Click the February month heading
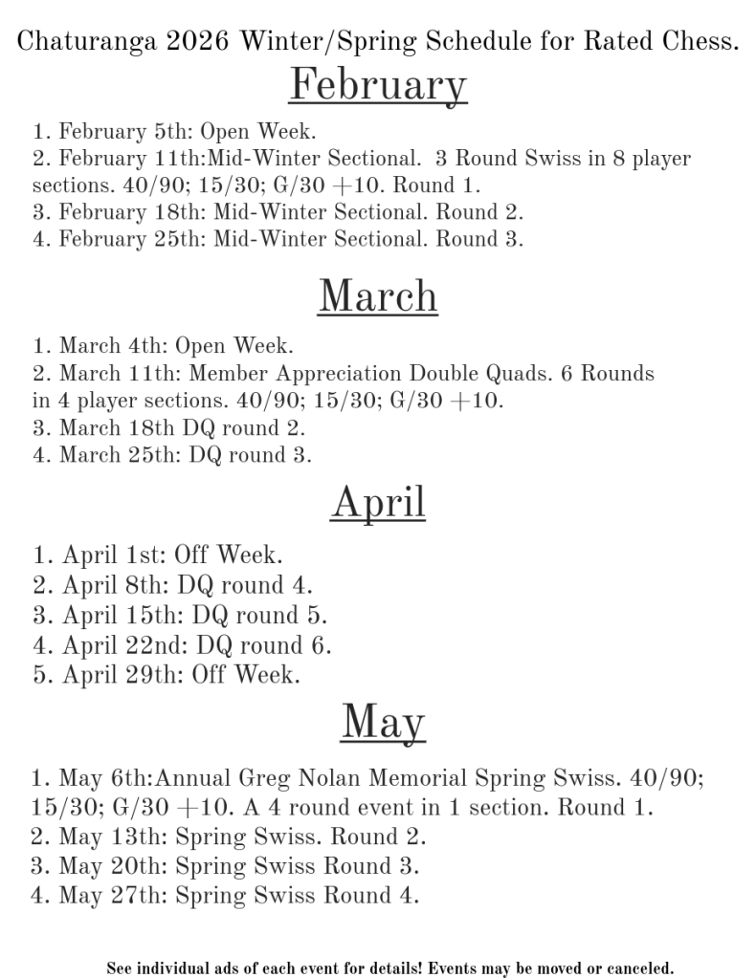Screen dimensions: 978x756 [x=378, y=85]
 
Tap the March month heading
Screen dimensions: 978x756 [x=378, y=295]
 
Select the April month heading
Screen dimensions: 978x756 [x=378, y=502]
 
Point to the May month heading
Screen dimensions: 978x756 [x=382, y=721]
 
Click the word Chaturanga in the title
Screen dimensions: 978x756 [x=80, y=41]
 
